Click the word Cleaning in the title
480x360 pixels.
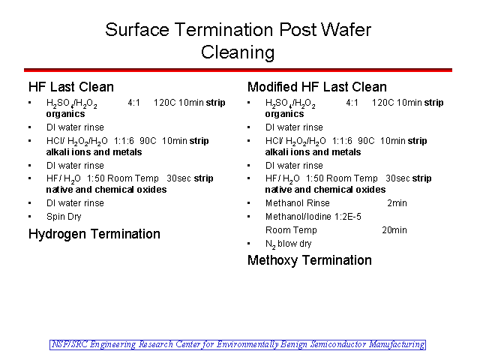[x=238, y=52]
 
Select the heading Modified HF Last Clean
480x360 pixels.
[x=317, y=87]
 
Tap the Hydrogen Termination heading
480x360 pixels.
[x=94, y=234]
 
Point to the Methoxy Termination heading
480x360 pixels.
[x=310, y=260]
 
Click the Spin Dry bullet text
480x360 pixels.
[x=64, y=217]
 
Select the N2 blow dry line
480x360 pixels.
[x=288, y=244]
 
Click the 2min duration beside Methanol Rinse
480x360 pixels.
[x=397, y=203]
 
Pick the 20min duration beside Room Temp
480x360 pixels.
[x=394, y=230]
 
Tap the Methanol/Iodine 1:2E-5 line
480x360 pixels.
[x=313, y=217]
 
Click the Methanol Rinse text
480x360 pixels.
[x=298, y=203]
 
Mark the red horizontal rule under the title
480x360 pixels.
[x=238, y=70]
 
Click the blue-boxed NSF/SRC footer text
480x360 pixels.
[x=238, y=345]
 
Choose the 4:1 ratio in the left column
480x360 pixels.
[x=133, y=103]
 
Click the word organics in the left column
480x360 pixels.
[x=65, y=114]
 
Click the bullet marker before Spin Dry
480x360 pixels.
[x=30, y=217]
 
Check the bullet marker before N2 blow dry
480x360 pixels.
[x=248, y=244]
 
